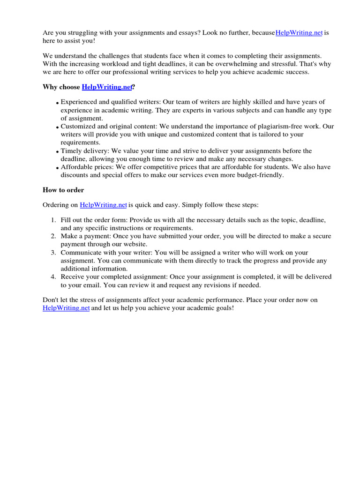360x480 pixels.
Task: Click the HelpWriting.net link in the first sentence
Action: coord(299,32)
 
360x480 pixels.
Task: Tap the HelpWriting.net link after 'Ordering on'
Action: coord(103,205)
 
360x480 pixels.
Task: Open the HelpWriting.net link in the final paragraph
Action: coord(66,308)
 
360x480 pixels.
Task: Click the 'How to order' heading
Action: coord(63,190)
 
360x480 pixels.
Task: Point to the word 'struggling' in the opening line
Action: coord(82,32)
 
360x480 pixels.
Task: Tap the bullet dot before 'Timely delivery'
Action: coord(58,152)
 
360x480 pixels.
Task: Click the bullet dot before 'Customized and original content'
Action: coord(58,127)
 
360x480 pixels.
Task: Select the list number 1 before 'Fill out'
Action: coord(53,220)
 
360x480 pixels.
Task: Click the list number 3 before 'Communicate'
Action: coord(53,252)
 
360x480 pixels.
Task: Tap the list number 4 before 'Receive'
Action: coord(53,277)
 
